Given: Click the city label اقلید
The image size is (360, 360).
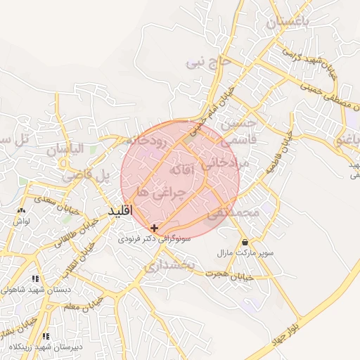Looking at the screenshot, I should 121,211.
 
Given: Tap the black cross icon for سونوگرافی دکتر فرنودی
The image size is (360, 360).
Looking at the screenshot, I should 155,228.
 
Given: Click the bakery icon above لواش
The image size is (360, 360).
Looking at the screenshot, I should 20,210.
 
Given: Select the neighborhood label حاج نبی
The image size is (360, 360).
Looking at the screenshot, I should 207,63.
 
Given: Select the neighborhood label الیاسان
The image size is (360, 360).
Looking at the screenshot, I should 65,149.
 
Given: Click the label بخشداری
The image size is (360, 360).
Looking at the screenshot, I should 173,266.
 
